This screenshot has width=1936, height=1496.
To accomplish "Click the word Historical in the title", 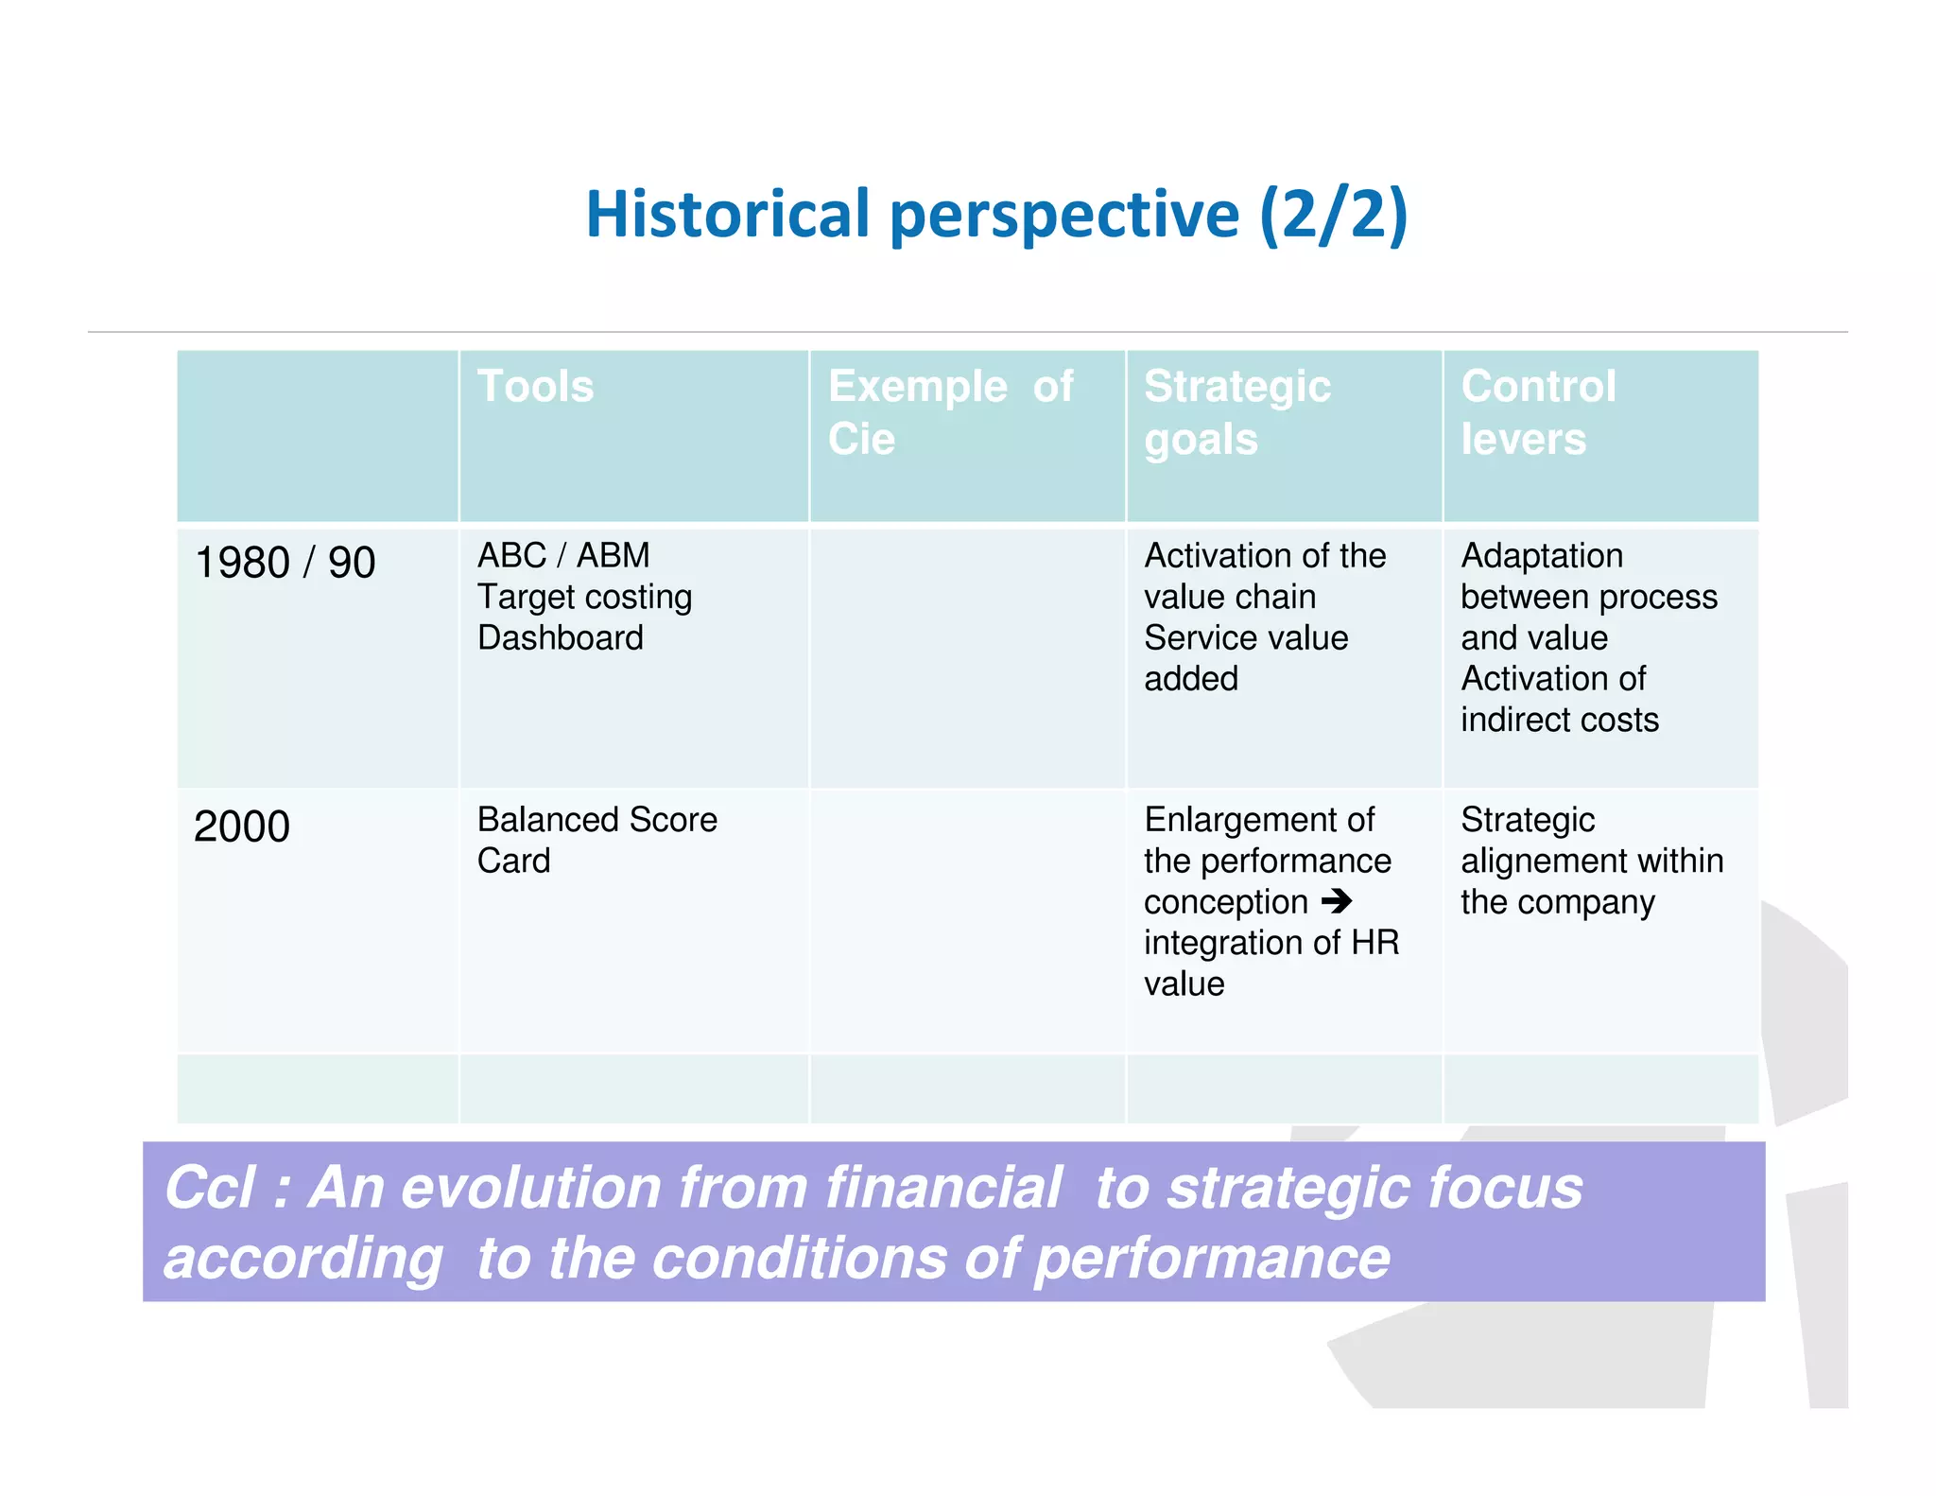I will [x=727, y=214].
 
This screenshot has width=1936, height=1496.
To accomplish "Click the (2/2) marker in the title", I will [x=1333, y=214].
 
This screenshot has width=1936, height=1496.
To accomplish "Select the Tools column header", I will [x=535, y=386].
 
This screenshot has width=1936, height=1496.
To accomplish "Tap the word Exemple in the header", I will [x=917, y=386].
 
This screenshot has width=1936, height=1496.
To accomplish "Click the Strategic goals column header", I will [x=1236, y=412].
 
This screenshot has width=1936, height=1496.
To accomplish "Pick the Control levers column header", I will [x=1538, y=412].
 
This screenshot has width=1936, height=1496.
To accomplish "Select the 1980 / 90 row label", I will [x=285, y=563].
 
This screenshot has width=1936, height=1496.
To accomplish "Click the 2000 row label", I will [x=242, y=826].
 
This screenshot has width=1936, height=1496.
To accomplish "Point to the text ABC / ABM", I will [x=563, y=555].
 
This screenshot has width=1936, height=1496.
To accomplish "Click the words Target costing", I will [x=584, y=597].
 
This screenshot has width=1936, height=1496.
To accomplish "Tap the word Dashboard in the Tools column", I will [x=561, y=637].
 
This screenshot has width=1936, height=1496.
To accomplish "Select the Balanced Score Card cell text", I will [x=596, y=839].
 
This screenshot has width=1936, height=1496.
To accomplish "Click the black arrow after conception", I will [x=1337, y=900].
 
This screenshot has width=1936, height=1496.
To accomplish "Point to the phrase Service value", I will [x=1245, y=637].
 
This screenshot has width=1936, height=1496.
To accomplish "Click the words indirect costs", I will [x=1559, y=720].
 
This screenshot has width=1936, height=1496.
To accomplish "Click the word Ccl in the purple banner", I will [x=210, y=1187].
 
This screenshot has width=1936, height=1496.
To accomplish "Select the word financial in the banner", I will [x=942, y=1187].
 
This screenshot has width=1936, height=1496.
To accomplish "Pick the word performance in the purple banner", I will [x=1212, y=1259].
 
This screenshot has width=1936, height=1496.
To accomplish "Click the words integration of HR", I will [x=1270, y=943].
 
